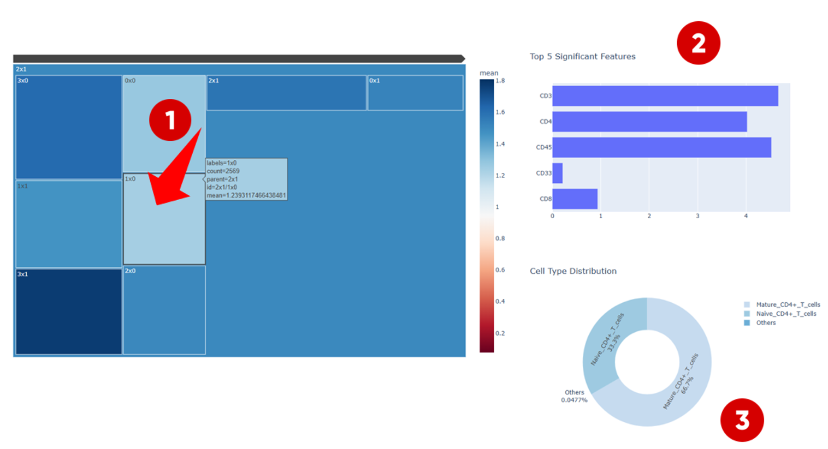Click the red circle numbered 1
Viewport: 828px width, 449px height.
point(170,120)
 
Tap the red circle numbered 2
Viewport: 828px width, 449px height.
point(698,43)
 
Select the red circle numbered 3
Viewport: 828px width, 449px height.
point(742,420)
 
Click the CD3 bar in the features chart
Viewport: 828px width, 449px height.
point(665,96)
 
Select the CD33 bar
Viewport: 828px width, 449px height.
point(557,173)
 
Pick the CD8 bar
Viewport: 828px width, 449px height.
point(575,199)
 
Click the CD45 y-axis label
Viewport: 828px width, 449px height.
point(543,147)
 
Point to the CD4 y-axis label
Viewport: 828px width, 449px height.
point(545,122)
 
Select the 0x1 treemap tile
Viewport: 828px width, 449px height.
point(415,93)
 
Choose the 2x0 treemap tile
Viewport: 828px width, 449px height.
point(164,310)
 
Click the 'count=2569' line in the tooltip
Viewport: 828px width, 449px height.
point(223,171)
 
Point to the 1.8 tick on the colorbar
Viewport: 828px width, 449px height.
point(500,81)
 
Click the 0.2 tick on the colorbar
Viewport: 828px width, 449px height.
point(500,333)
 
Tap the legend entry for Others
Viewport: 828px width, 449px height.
point(765,323)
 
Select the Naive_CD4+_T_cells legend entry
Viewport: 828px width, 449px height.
point(785,314)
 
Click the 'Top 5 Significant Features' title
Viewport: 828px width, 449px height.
point(582,57)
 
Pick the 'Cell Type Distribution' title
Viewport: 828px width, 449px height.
point(573,271)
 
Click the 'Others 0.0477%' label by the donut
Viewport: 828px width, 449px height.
point(574,396)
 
